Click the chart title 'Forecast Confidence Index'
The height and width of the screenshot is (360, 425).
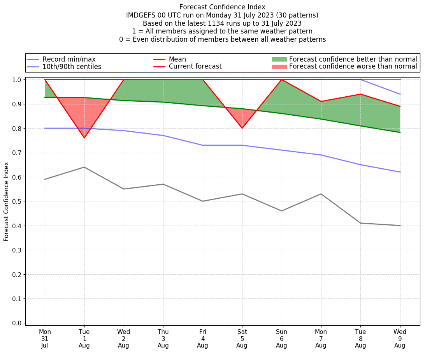pyautogui.click(x=222, y=7)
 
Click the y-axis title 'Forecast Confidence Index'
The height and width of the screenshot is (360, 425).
pyautogui.click(x=7, y=202)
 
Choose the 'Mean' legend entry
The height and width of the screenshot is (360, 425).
pyautogui.click(x=177, y=59)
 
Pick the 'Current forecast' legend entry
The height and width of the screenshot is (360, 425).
pyautogui.click(x=195, y=67)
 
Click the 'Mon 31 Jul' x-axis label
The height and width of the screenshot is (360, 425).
pyautogui.click(x=45, y=339)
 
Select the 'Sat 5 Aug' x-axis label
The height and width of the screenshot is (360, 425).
pyautogui.click(x=242, y=339)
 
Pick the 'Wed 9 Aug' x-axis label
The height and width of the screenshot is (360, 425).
pyautogui.click(x=400, y=339)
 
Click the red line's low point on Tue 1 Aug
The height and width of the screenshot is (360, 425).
pyautogui.click(x=84, y=138)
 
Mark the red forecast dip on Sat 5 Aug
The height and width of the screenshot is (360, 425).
pyautogui.click(x=242, y=128)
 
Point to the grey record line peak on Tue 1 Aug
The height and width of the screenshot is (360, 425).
pyautogui.click(x=84, y=167)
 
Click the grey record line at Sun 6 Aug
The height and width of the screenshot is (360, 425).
pyautogui.click(x=281, y=211)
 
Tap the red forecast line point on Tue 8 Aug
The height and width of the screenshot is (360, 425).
pyautogui.click(x=360, y=94)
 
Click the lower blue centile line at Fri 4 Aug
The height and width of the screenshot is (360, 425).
pyautogui.click(x=202, y=145)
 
